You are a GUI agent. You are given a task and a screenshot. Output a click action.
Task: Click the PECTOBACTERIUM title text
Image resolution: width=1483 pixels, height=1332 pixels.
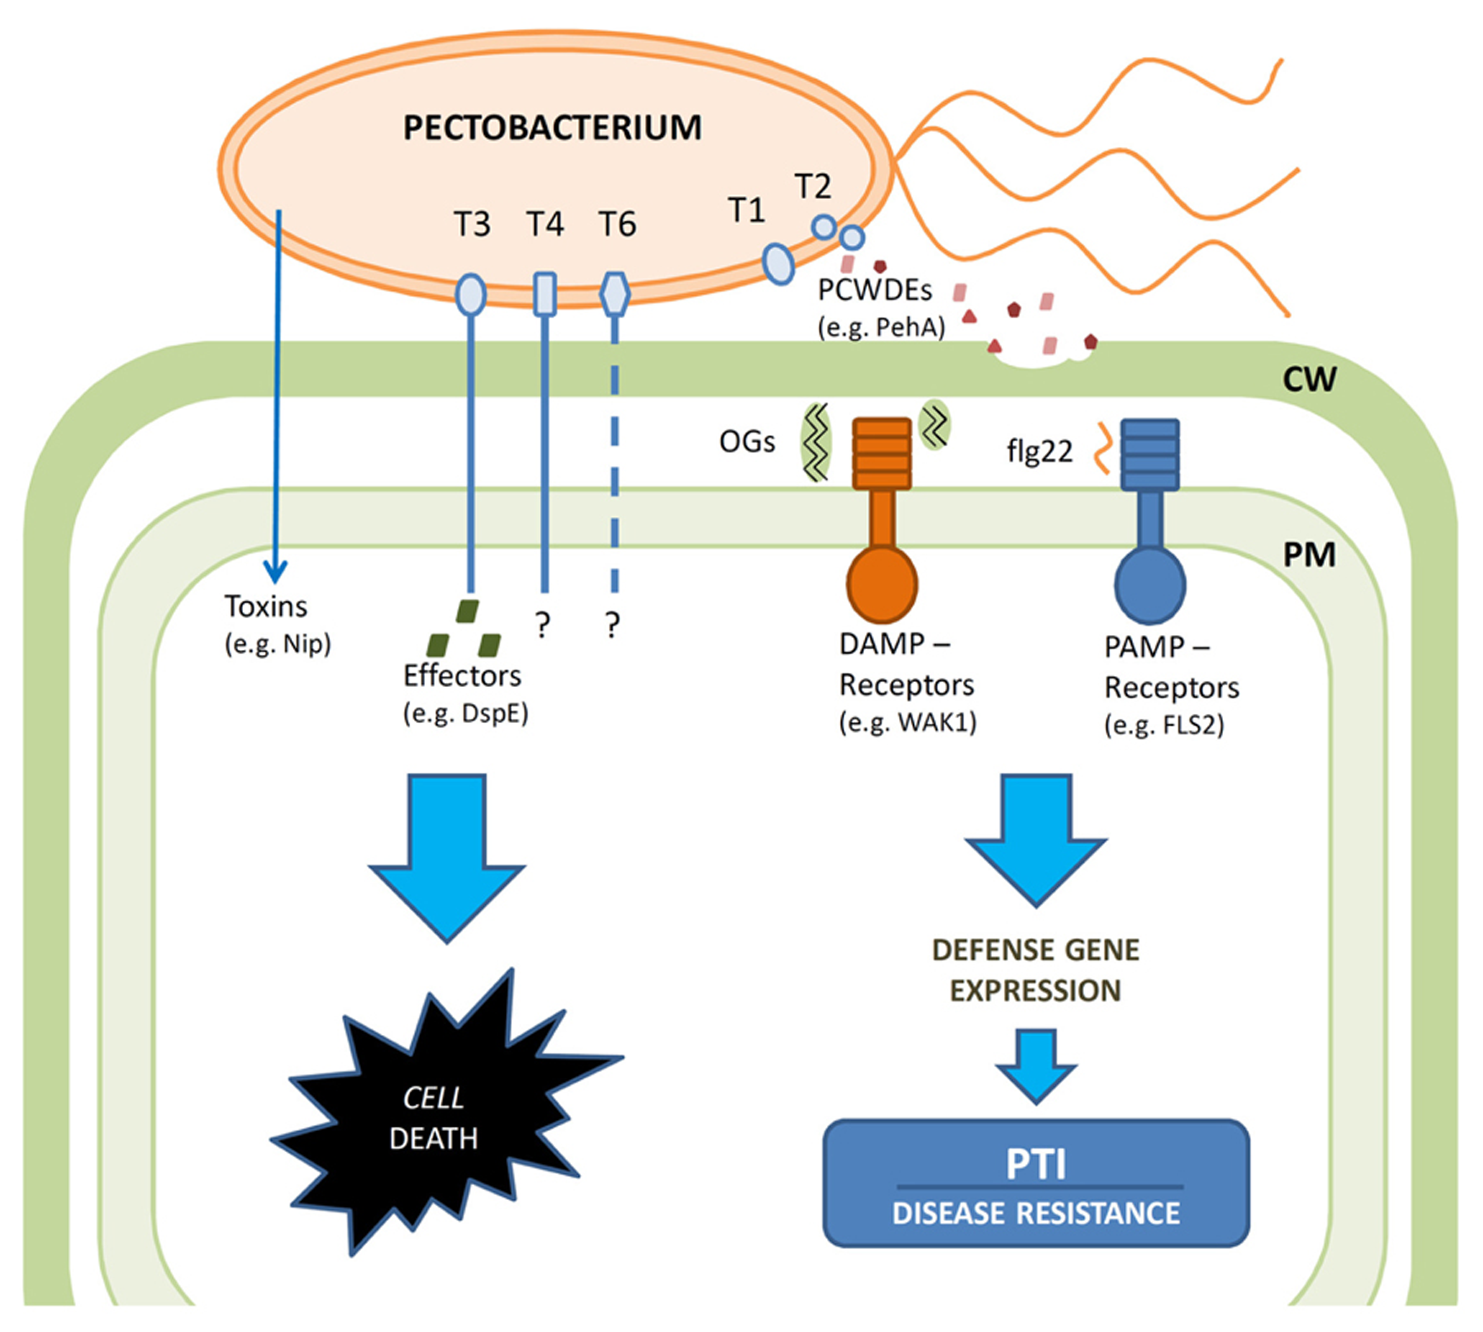(x=553, y=128)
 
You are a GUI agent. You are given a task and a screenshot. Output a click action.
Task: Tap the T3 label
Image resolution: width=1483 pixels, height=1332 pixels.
(x=472, y=224)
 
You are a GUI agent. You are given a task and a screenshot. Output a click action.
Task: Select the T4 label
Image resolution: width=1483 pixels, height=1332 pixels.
(x=545, y=224)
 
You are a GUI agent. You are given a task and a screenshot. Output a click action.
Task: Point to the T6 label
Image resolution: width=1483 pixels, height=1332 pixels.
(x=617, y=224)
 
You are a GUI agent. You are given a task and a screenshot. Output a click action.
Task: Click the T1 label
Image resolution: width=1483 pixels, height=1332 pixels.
(x=747, y=211)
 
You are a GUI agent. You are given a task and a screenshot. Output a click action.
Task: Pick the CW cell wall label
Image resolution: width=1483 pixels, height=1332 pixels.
(x=1309, y=379)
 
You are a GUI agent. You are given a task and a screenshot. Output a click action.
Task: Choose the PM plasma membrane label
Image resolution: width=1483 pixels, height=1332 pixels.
(x=1309, y=555)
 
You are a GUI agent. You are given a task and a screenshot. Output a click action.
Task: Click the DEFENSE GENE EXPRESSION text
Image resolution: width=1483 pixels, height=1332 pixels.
(x=1036, y=970)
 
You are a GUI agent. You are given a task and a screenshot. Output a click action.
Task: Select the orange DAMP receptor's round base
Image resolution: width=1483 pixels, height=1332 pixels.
(x=882, y=583)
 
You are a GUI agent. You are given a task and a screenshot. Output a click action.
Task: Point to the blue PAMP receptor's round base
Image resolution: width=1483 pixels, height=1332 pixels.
(x=1150, y=585)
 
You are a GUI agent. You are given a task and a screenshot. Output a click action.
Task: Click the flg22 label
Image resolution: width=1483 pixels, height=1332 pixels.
(x=1040, y=452)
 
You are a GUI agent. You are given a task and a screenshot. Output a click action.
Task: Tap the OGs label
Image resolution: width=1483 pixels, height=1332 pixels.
(x=747, y=442)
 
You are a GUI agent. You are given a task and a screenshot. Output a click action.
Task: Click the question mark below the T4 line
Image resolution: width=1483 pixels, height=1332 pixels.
(x=542, y=625)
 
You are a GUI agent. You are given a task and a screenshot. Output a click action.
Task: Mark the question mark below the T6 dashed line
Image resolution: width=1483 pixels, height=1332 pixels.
(x=613, y=625)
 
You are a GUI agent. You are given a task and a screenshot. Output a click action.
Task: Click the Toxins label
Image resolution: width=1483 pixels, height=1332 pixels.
(x=266, y=607)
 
